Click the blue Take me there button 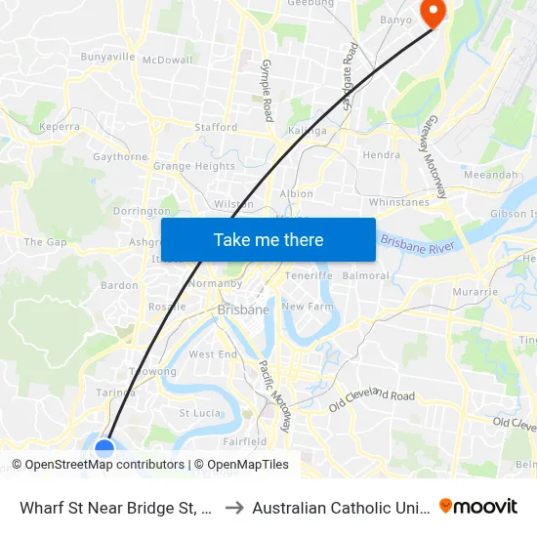click(x=268, y=239)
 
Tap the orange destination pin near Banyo click(x=431, y=11)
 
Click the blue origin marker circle click(x=104, y=450)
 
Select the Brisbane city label click(x=243, y=310)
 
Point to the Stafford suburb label click(x=216, y=127)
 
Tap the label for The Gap click(x=45, y=241)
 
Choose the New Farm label click(x=308, y=307)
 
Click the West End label click(x=213, y=354)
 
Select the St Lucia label click(x=198, y=413)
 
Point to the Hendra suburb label click(x=381, y=154)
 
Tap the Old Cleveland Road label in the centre click(x=372, y=398)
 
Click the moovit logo click(x=478, y=506)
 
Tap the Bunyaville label click(x=107, y=57)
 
